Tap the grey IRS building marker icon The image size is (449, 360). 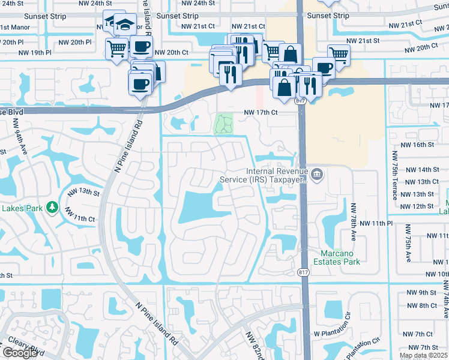[x=318, y=175]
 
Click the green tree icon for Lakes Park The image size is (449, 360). [x=53, y=207]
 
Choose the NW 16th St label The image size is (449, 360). [x=417, y=145]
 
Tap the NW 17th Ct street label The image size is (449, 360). [x=261, y=113]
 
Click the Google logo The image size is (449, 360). [x=20, y=353]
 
